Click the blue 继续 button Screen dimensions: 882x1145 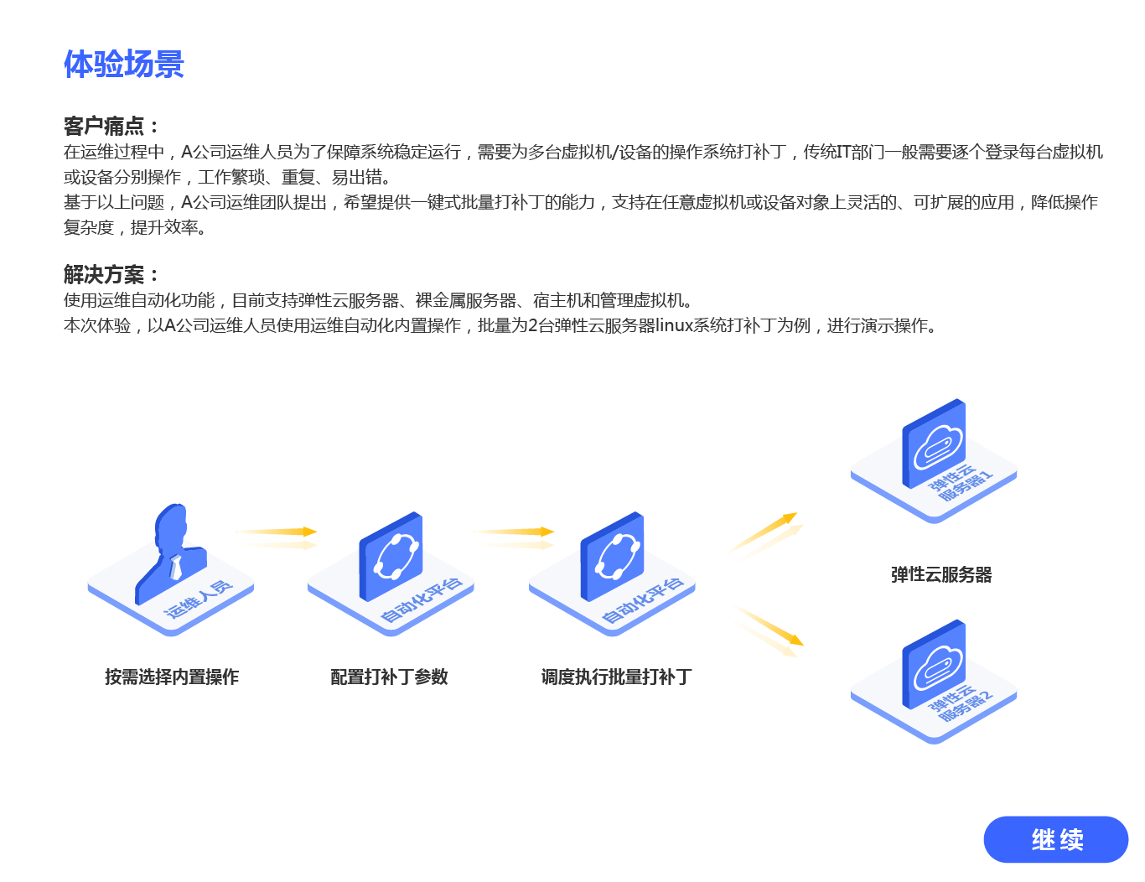1055,839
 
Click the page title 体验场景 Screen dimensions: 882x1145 124,65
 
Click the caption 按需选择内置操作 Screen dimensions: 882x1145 172,677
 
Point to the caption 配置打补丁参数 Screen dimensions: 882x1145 389,677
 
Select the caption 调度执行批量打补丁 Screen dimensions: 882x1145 616,677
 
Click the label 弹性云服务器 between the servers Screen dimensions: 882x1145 941,574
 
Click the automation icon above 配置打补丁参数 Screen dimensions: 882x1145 391,556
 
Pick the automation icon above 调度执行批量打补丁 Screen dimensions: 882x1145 612,556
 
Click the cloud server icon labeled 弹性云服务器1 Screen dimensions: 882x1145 934,443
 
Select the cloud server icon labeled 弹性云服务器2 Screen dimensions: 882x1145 934,664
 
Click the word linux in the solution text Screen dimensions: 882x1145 674,325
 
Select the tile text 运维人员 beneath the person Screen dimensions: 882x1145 199,599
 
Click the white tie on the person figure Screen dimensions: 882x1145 175,567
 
